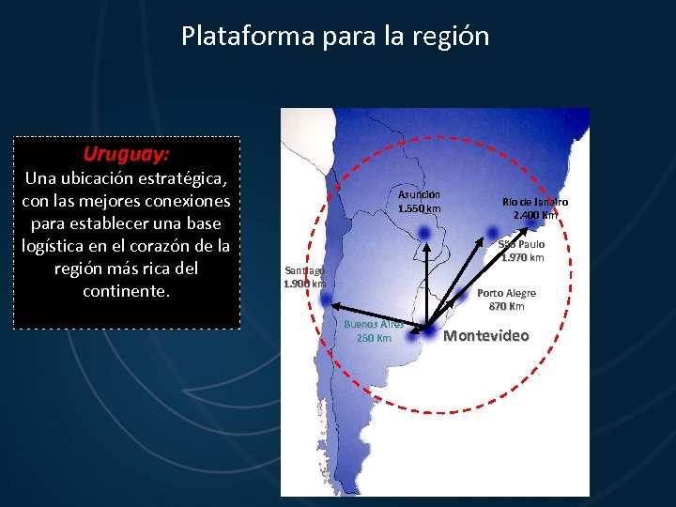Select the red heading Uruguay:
pyautogui.click(x=126, y=152)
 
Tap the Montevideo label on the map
pyautogui.click(x=486, y=335)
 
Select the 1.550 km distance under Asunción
pyautogui.click(x=419, y=208)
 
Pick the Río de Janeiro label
pyautogui.click(x=535, y=202)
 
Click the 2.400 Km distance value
pyautogui.click(x=535, y=215)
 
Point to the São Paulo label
pyautogui.click(x=521, y=244)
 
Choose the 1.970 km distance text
pyautogui.click(x=522, y=257)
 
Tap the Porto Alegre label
pyautogui.click(x=506, y=293)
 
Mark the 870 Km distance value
pyautogui.click(x=506, y=306)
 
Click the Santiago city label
pyautogui.click(x=303, y=270)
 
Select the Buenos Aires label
pyautogui.click(x=374, y=325)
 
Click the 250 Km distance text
pyautogui.click(x=374, y=338)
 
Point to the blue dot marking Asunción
pyautogui.click(x=424, y=232)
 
